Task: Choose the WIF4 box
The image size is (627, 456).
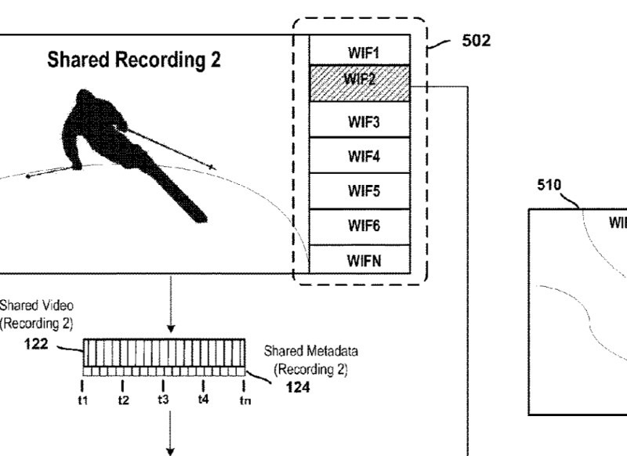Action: point(359,157)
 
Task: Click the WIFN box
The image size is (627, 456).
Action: point(359,260)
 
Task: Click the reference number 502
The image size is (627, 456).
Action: point(477,41)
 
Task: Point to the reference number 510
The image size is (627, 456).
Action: point(549,186)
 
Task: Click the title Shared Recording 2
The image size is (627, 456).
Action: point(134,61)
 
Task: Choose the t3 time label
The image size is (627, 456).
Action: point(163,399)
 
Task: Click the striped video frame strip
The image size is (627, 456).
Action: point(163,353)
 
